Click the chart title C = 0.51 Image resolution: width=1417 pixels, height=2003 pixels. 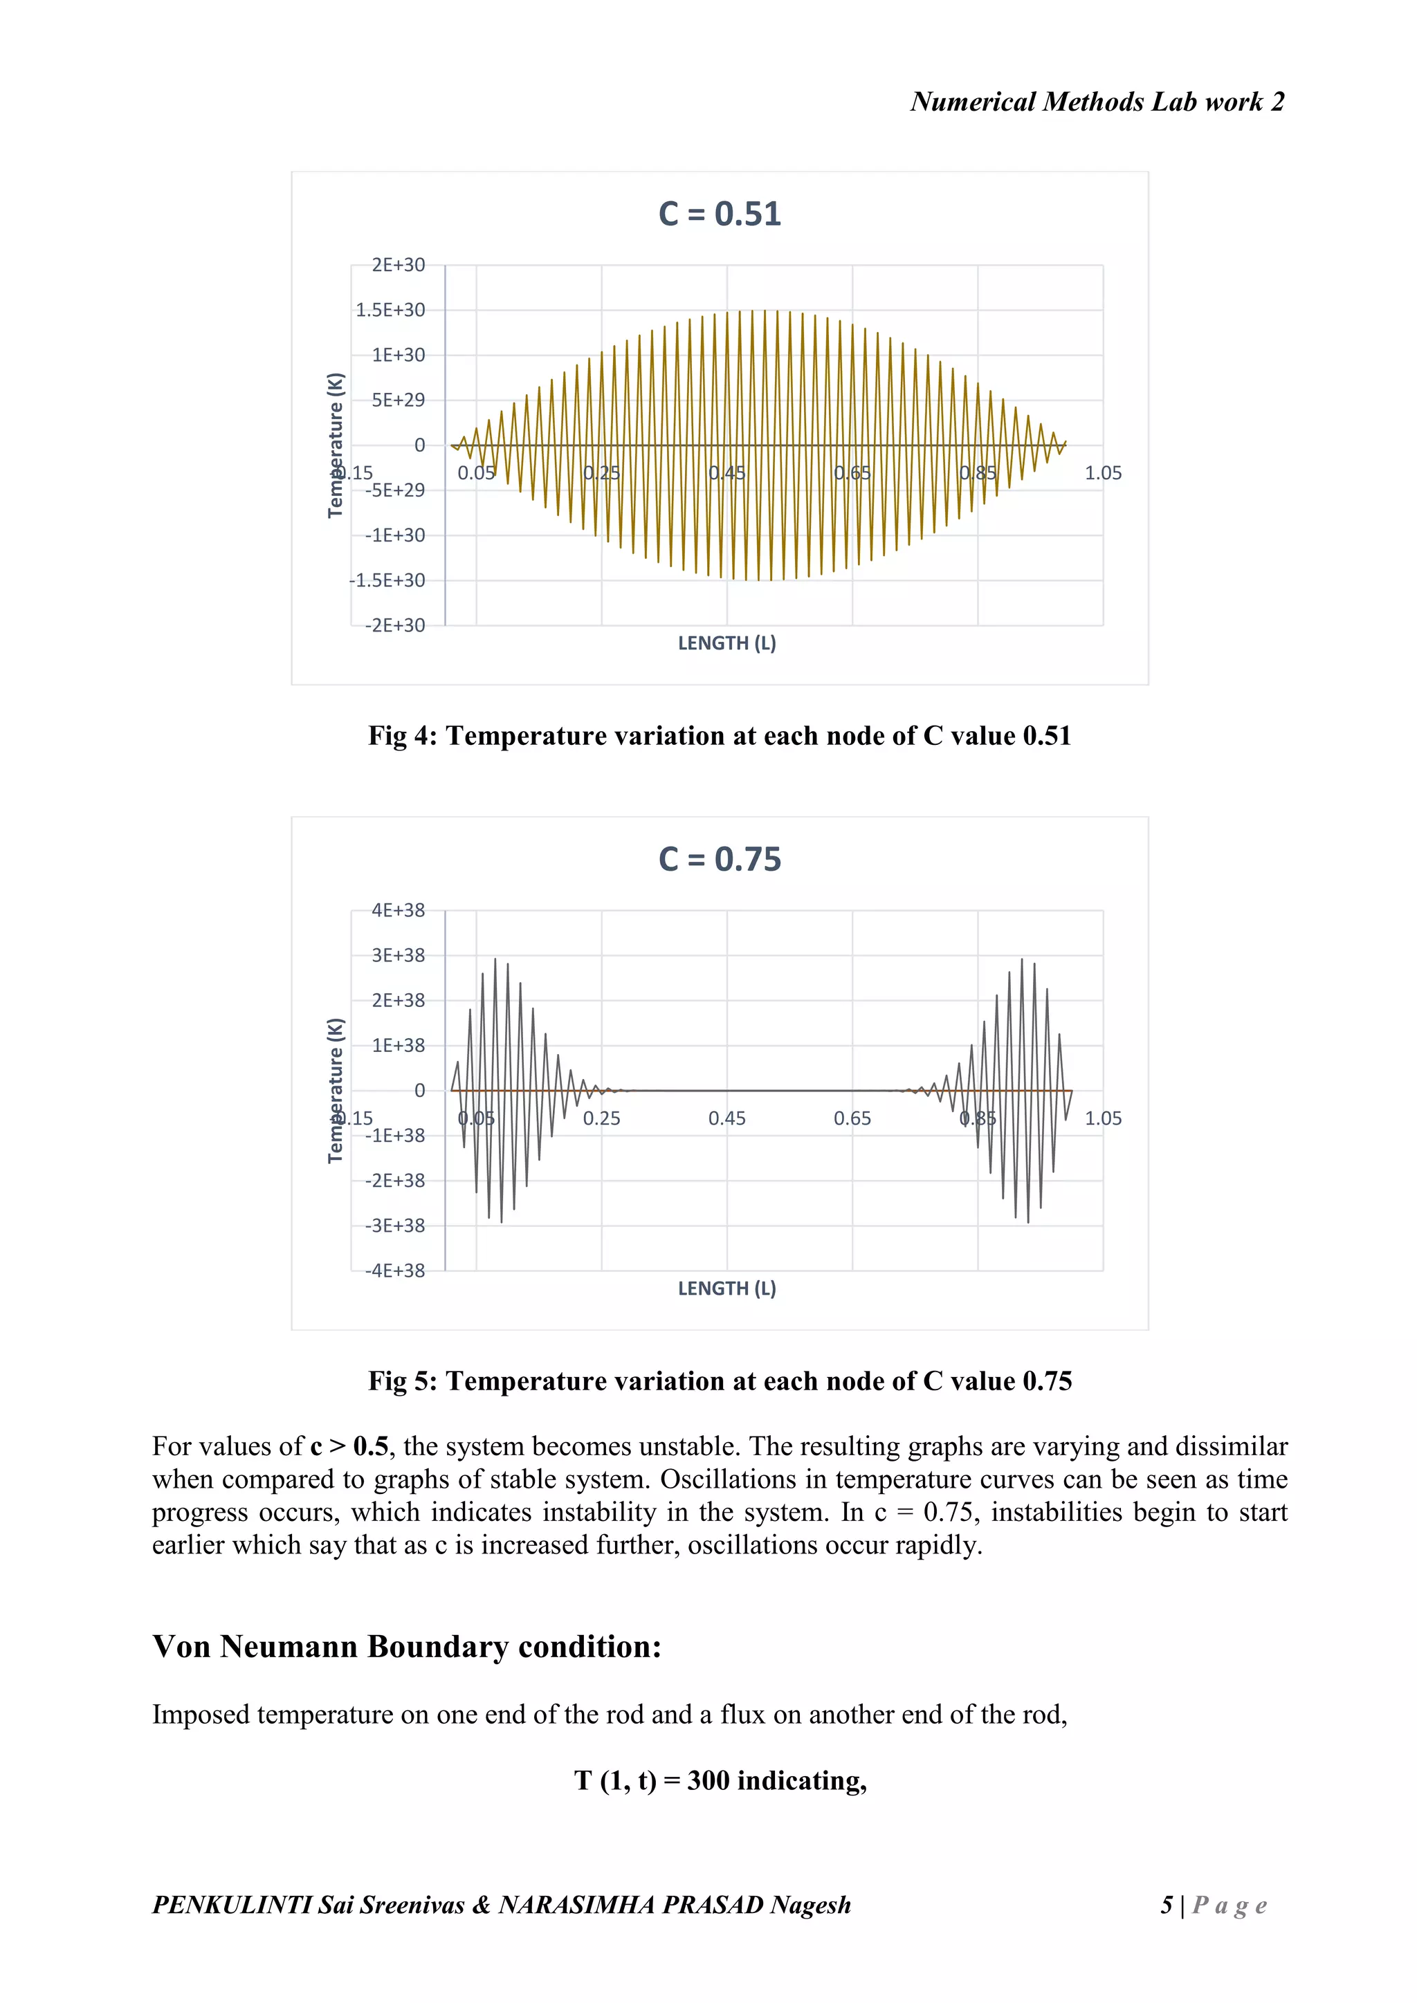point(719,214)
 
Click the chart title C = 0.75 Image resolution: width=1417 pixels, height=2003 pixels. point(719,859)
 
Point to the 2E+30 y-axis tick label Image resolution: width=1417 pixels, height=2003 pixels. point(398,265)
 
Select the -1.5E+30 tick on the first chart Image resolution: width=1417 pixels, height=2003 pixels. point(387,581)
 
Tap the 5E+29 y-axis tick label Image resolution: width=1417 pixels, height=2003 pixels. point(398,400)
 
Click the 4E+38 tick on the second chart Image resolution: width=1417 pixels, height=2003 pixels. point(398,911)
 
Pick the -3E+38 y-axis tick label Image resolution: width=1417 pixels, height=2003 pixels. point(394,1226)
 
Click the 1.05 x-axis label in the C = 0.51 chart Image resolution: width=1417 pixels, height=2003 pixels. point(1103,474)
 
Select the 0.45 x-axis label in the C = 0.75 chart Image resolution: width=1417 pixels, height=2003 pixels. point(726,1119)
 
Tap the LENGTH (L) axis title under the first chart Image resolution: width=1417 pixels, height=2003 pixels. point(726,644)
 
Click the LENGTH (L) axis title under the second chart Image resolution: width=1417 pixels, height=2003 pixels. point(726,1289)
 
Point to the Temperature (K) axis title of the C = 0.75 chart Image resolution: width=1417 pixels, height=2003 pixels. point(335,1091)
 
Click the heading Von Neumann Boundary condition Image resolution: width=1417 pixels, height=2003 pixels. point(407,1647)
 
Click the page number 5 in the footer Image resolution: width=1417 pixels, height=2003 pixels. point(1167,1905)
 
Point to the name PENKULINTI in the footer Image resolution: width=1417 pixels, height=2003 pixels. point(231,1905)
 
